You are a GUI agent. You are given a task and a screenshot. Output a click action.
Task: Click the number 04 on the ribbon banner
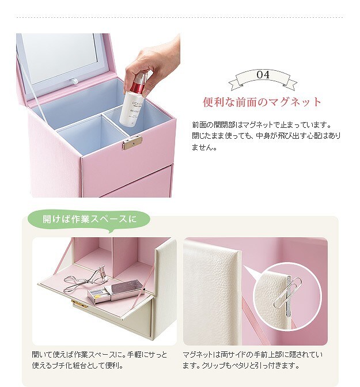pyautogui.click(x=263, y=74)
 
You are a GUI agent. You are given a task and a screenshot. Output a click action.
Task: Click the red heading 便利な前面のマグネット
pyautogui.click(x=262, y=102)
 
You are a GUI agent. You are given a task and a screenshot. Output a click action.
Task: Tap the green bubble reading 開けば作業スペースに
pyautogui.click(x=89, y=219)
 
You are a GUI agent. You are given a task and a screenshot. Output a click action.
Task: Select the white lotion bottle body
pyautogui.click(x=130, y=109)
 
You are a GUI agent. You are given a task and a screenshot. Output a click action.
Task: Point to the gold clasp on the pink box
pyautogui.click(x=132, y=143)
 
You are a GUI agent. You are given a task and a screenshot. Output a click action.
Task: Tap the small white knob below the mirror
pyautogui.click(x=75, y=81)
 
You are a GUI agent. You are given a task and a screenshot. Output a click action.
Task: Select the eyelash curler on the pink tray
pyautogui.click(x=86, y=279)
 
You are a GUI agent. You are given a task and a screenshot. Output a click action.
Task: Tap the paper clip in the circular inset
pyautogui.click(x=288, y=292)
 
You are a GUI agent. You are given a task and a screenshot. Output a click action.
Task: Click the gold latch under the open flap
pyautogui.click(x=79, y=304)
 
